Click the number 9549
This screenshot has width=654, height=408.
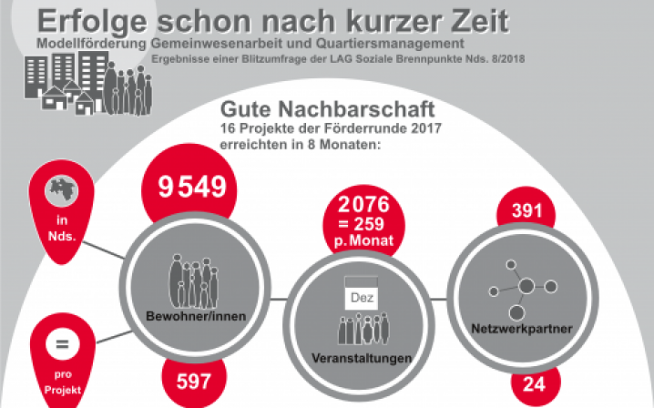(191, 189)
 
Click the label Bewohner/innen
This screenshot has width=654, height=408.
(186, 315)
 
